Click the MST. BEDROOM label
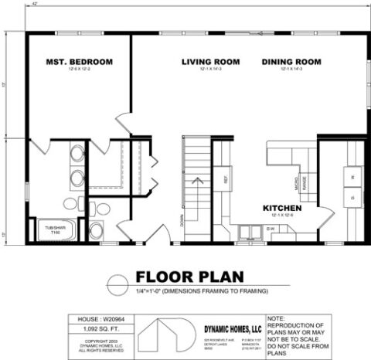click(80, 62)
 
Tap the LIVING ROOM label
click(211, 62)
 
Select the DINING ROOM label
click(291, 62)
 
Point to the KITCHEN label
click(282, 209)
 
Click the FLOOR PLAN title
click(189, 277)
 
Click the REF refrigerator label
click(226, 180)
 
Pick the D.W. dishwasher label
click(272, 229)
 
